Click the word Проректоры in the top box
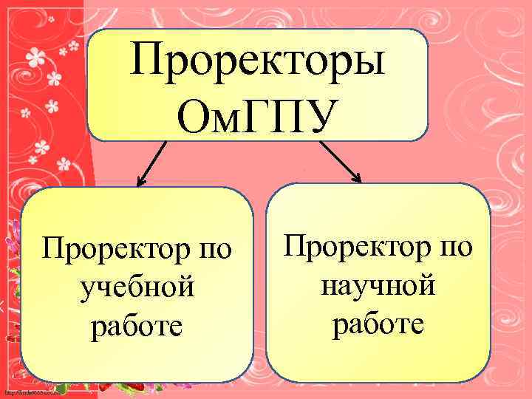[257, 61]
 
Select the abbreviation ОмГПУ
[257, 115]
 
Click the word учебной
[137, 287]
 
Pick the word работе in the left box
[137, 326]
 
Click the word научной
[378, 284]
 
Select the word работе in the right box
[378, 323]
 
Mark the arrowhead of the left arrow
[141, 180]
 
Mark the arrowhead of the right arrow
[357, 177]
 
